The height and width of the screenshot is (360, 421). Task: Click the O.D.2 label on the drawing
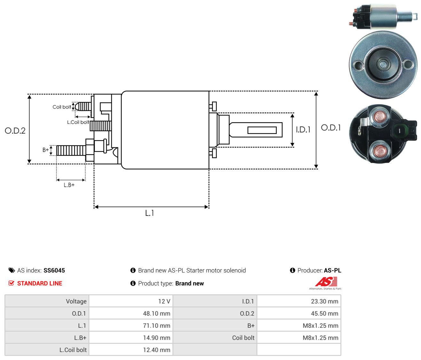coord(15,131)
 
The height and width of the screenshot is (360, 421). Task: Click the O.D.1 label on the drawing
coord(331,128)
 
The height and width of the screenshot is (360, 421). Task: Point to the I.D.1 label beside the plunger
coord(303,129)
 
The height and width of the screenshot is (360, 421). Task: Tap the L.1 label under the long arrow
coord(149,213)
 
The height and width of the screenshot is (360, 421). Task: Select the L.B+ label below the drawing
coord(69,185)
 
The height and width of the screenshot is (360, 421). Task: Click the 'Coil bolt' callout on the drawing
coord(62,107)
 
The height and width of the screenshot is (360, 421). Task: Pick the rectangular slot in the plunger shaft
coord(262,130)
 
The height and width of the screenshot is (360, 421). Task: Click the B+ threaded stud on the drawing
coord(71,150)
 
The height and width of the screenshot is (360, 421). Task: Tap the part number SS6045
coord(54,270)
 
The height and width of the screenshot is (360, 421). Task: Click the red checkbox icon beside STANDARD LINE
coord(12,283)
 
